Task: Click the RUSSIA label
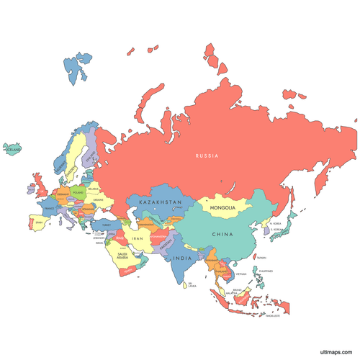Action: click(x=207, y=156)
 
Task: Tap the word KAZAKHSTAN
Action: click(x=160, y=203)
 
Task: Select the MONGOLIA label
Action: click(x=222, y=209)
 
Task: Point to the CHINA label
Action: click(x=222, y=235)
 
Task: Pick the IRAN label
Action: click(x=137, y=238)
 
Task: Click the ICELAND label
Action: click(x=13, y=149)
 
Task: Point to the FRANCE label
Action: click(x=49, y=209)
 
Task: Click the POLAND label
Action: click(x=78, y=194)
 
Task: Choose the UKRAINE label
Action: click(x=98, y=200)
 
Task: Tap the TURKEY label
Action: click(x=106, y=225)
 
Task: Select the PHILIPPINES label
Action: click(x=266, y=271)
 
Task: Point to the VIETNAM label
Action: click(x=240, y=274)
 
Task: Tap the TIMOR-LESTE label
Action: click(x=272, y=315)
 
